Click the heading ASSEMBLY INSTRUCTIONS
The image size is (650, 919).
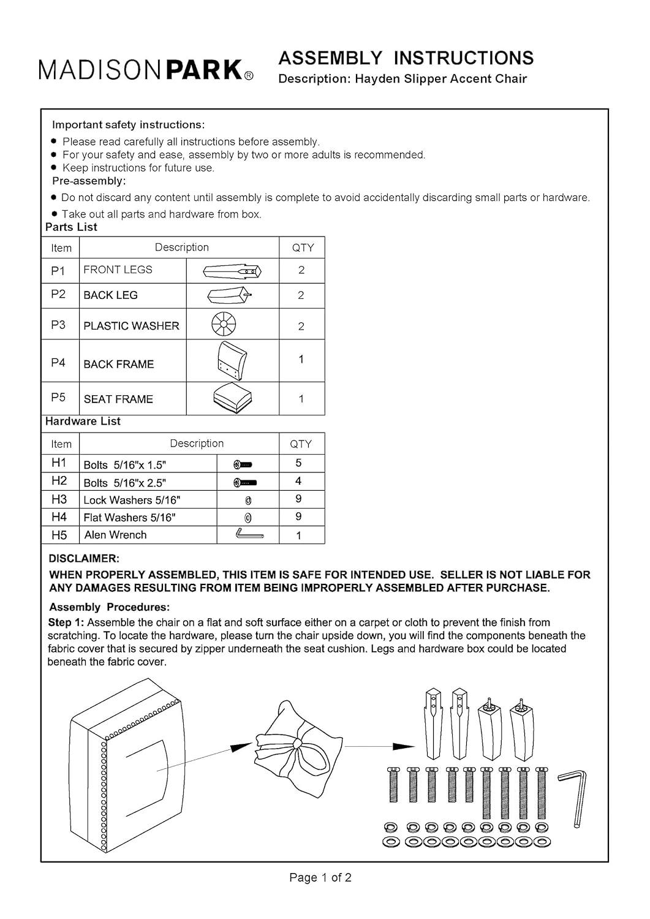click(406, 58)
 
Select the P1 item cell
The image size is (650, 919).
click(60, 271)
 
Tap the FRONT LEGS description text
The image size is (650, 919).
click(118, 270)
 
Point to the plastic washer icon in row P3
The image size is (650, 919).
click(224, 323)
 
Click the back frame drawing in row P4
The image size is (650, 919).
click(232, 361)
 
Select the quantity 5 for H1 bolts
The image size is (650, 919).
click(299, 463)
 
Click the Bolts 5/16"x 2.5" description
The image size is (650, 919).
click(125, 483)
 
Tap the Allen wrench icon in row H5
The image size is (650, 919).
click(249, 534)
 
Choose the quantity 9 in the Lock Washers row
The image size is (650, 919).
click(298, 499)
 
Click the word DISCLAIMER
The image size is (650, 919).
click(84, 558)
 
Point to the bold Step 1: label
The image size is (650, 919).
click(66, 622)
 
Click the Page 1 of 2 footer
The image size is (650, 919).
click(320, 877)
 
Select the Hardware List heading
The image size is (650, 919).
click(83, 421)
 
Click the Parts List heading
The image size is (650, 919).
click(72, 227)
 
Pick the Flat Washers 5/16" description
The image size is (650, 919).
click(130, 517)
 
